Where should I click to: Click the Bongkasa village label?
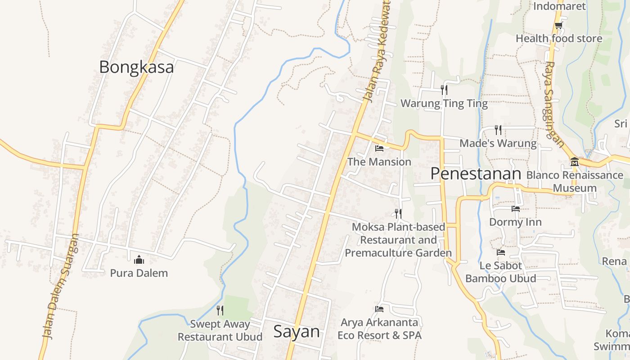pyautogui.click(x=136, y=67)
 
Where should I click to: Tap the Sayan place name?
pyautogui.click(x=297, y=332)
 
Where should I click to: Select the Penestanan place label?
pyautogui.click(x=476, y=173)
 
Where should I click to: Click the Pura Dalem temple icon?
pyautogui.click(x=139, y=260)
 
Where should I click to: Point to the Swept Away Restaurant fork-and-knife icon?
pyautogui.click(x=220, y=310)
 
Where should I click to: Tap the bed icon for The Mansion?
pyautogui.click(x=379, y=148)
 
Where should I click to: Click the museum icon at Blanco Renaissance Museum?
pyautogui.click(x=574, y=162)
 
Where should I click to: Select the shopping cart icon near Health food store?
pyautogui.click(x=558, y=25)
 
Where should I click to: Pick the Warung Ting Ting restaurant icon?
pyautogui.click(x=444, y=90)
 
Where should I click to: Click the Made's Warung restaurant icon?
pyautogui.click(x=498, y=130)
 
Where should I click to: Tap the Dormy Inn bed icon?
pyautogui.click(x=515, y=208)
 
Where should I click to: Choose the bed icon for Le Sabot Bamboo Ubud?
pyautogui.click(x=500, y=252)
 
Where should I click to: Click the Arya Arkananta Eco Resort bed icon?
pyautogui.click(x=379, y=309)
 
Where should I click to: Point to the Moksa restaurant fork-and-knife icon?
pyautogui.click(x=398, y=213)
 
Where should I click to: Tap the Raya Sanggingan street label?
pyautogui.click(x=554, y=104)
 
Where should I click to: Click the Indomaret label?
pyautogui.click(x=559, y=6)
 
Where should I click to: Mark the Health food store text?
pyautogui.click(x=559, y=39)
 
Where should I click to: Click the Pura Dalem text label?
pyautogui.click(x=139, y=273)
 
